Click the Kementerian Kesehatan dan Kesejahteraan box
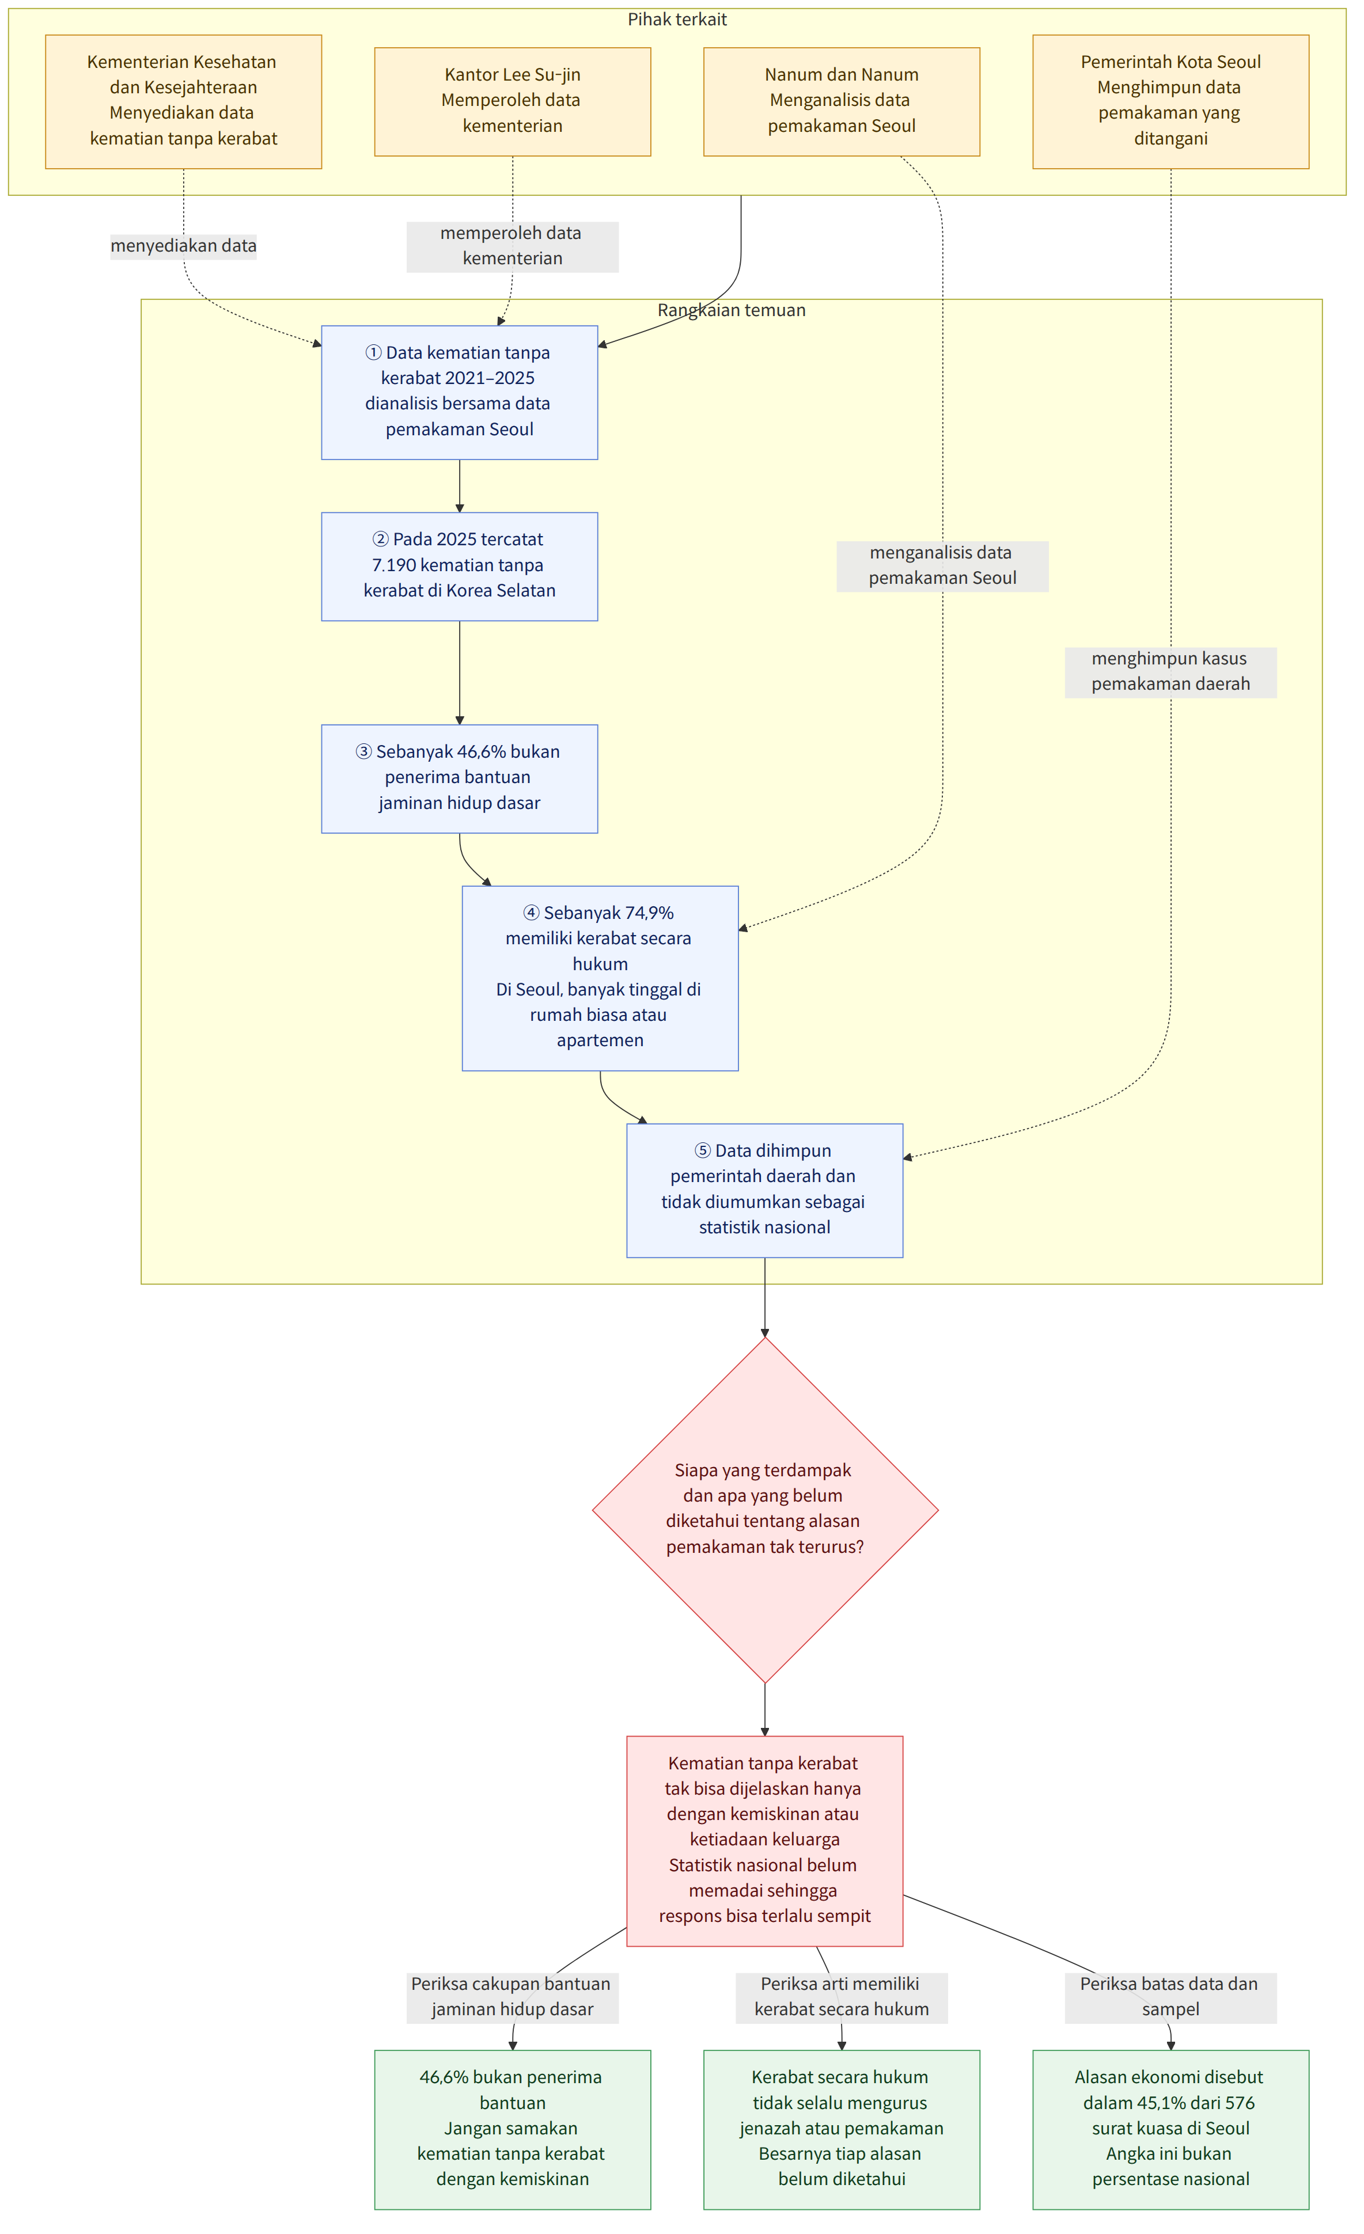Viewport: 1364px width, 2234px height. [x=183, y=101]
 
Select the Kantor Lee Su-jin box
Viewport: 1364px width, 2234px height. [x=513, y=101]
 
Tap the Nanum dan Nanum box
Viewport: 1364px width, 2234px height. [x=842, y=101]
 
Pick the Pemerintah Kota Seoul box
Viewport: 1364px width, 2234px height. [x=1171, y=101]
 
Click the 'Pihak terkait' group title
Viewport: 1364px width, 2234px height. [x=677, y=19]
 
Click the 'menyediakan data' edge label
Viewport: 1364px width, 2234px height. [x=183, y=246]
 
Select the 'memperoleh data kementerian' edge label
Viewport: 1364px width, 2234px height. [x=513, y=246]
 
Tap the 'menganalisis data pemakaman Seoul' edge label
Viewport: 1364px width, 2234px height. [x=942, y=566]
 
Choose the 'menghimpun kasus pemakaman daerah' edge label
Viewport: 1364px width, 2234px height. [x=1171, y=672]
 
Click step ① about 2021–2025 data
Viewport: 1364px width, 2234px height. [x=460, y=393]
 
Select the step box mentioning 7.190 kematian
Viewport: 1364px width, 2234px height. [x=460, y=567]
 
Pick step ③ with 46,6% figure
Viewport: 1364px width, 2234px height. [x=460, y=779]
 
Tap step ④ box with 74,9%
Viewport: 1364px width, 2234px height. [x=600, y=978]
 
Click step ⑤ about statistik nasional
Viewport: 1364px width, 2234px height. [x=764, y=1191]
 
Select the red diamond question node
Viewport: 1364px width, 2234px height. [x=764, y=1510]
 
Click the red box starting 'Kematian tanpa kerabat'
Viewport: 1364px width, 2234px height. [x=764, y=1841]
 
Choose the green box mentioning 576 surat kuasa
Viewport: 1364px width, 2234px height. [x=1171, y=2130]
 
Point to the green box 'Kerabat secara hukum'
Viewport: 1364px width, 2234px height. [x=842, y=2130]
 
